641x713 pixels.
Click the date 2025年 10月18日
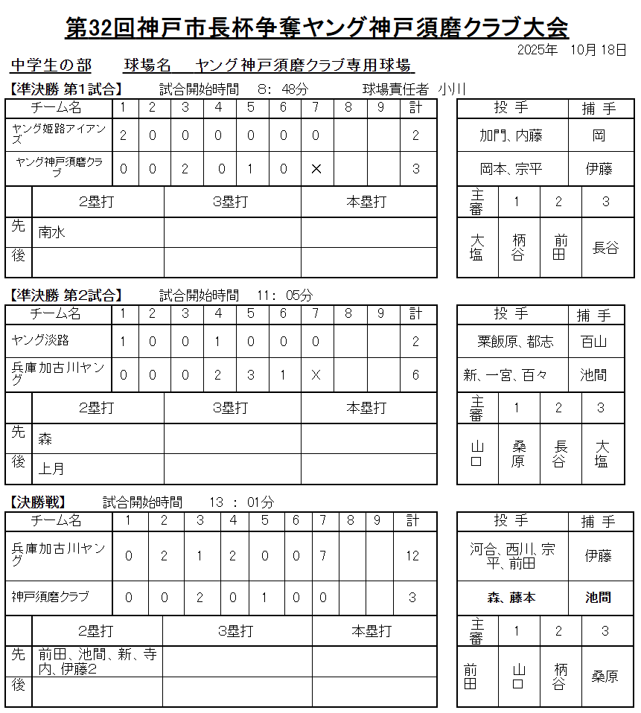click(x=571, y=50)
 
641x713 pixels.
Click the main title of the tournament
click(x=317, y=28)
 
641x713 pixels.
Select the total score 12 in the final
click(x=412, y=555)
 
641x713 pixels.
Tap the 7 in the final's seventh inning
click(x=323, y=555)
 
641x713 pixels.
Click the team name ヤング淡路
click(x=41, y=340)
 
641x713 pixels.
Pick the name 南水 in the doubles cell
click(x=52, y=232)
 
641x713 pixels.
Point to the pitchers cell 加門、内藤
click(x=511, y=136)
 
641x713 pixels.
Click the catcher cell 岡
click(x=599, y=136)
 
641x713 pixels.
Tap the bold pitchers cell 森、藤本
click(x=511, y=598)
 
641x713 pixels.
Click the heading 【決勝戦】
click(x=38, y=502)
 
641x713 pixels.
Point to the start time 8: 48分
click(x=283, y=89)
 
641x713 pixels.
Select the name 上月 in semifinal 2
click(x=51, y=469)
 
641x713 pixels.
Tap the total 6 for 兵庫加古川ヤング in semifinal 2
click(x=415, y=375)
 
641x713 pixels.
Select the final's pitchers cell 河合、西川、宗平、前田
click(x=512, y=556)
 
